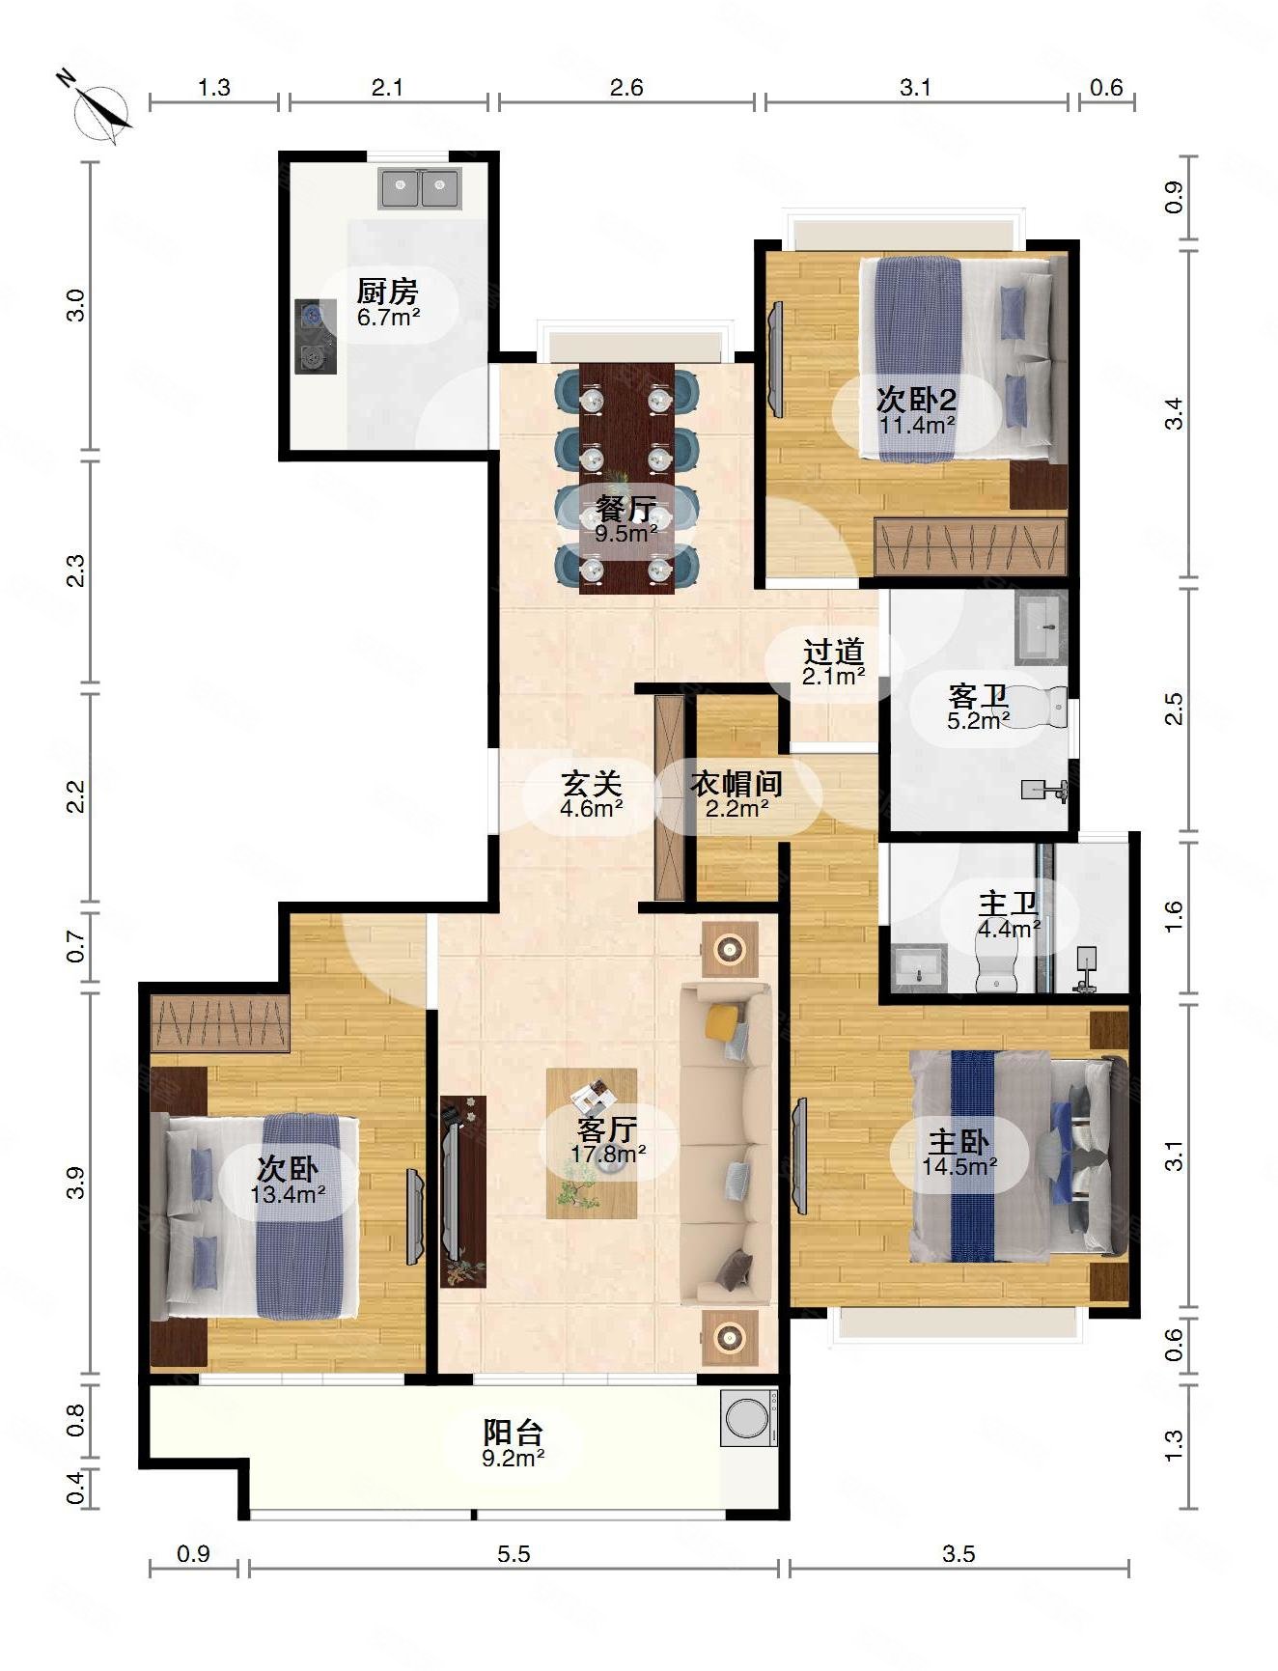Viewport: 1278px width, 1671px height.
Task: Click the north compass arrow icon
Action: click(x=97, y=106)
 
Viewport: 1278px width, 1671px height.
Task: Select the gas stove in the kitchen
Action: click(x=315, y=336)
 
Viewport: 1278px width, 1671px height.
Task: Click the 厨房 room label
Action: click(x=387, y=290)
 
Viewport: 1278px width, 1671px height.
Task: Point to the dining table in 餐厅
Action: click(x=626, y=478)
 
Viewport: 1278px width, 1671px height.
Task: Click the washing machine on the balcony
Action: click(x=749, y=1417)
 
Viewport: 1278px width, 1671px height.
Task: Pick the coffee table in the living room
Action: click(x=592, y=1143)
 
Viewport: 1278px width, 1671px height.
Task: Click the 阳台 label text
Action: click(x=513, y=1432)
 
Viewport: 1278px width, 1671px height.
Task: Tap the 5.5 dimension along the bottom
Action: click(x=514, y=1554)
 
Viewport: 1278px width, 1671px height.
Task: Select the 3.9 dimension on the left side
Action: click(x=76, y=1182)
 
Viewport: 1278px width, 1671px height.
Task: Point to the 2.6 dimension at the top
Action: click(x=626, y=88)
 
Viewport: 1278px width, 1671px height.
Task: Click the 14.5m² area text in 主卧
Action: click(x=958, y=1166)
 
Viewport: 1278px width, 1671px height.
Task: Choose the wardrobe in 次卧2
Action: click(x=970, y=547)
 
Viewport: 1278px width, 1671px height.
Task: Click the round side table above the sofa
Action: click(x=730, y=950)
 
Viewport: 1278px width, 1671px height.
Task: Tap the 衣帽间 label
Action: click(x=736, y=784)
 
